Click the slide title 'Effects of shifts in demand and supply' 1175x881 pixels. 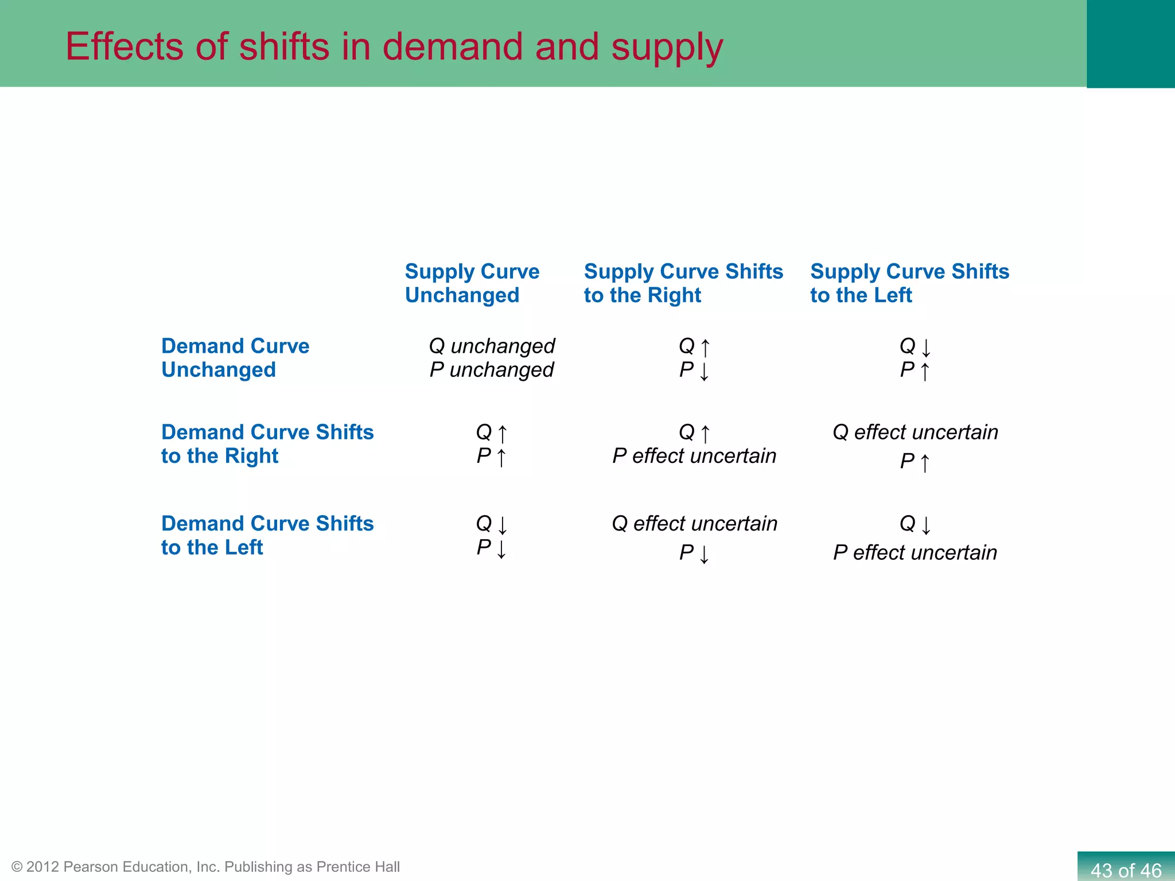[394, 47]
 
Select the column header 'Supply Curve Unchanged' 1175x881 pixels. [472, 283]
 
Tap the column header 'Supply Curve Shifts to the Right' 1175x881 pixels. [683, 283]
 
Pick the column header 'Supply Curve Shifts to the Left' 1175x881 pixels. [909, 283]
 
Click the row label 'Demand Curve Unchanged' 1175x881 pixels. [235, 358]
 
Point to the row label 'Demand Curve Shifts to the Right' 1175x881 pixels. [267, 443]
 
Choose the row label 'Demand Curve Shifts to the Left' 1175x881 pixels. [267, 535]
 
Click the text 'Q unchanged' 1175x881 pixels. [492, 346]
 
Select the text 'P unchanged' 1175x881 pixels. [492, 370]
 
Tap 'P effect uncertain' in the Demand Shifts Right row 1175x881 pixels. [694, 456]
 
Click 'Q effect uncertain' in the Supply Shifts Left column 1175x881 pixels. [915, 432]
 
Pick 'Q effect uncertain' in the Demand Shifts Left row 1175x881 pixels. [694, 523]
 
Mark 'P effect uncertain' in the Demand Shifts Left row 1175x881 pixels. [915, 552]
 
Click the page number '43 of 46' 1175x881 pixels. [1125, 870]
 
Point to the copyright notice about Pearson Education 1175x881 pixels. [205, 867]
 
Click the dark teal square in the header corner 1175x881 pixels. [1130, 44]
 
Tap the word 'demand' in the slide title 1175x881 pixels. [453, 47]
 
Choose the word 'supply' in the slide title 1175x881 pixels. [667, 47]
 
